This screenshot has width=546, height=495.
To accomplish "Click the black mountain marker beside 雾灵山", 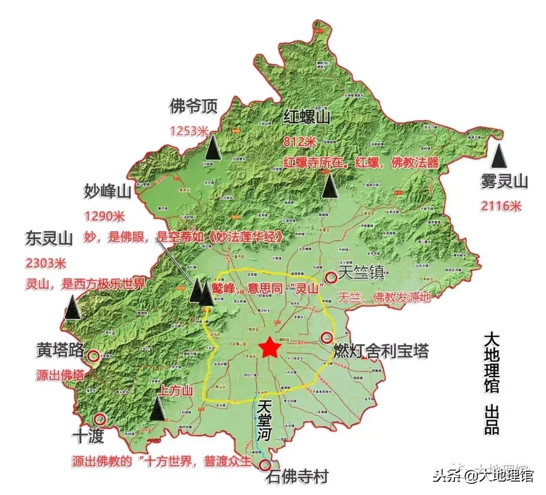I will (500, 156).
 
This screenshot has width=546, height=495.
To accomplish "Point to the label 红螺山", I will (306, 118).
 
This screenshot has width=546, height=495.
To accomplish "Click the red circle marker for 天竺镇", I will (331, 277).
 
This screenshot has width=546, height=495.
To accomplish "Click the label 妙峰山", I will (108, 192).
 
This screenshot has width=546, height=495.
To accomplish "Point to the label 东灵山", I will (49, 238).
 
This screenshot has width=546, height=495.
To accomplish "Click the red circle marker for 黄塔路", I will (94, 356).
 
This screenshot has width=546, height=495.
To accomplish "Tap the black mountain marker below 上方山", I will (159, 408).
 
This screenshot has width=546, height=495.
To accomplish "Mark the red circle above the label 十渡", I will (100, 419).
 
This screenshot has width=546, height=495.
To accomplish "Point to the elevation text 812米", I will (300, 142).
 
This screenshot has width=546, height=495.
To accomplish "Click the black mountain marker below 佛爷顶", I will (213, 148).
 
